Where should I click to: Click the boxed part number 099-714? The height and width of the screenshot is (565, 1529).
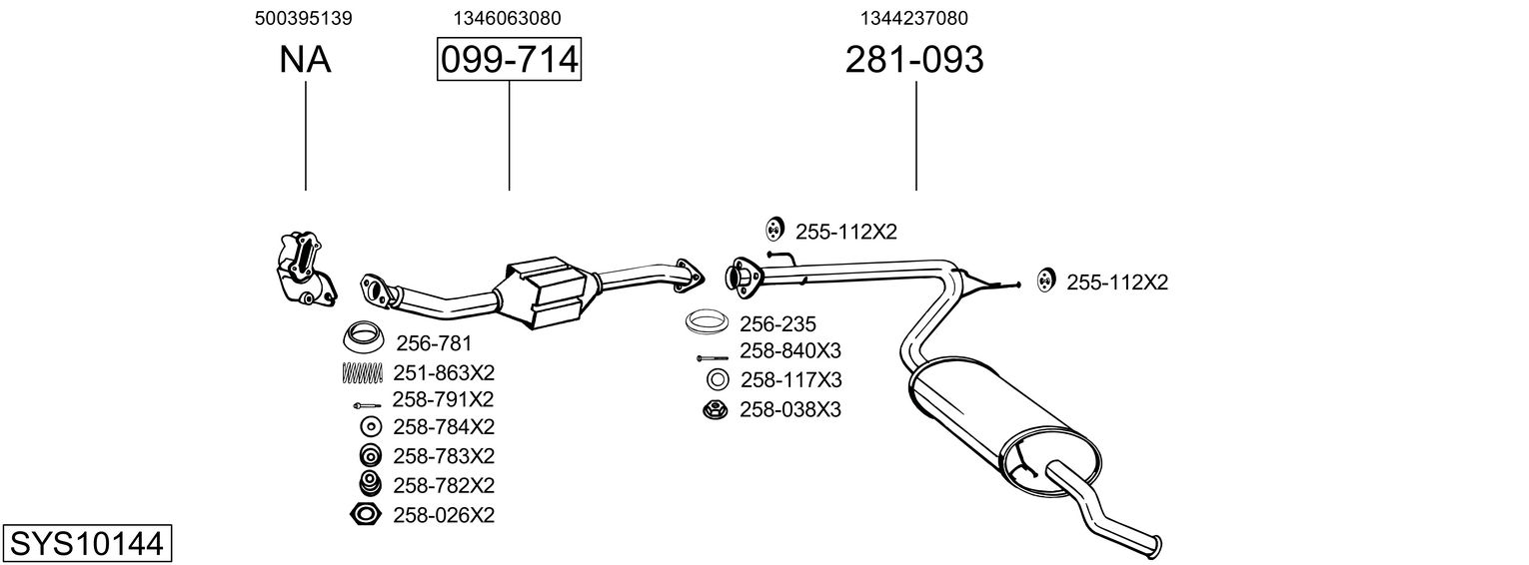point(509,60)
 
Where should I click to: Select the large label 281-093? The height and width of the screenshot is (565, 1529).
point(914,60)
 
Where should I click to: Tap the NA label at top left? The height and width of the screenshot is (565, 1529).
point(305,60)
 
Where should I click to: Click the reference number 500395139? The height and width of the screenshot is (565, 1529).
point(304,18)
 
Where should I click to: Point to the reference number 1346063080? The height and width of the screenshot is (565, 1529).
point(507,18)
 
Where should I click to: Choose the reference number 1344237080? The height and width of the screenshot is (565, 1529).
point(913,18)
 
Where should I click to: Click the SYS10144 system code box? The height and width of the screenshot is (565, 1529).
point(87,544)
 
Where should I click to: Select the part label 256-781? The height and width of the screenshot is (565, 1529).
point(434,343)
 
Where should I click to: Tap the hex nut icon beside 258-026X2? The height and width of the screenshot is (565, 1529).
point(367,515)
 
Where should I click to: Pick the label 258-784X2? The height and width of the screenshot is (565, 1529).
point(444,427)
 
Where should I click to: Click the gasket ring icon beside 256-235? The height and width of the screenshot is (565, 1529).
point(707,322)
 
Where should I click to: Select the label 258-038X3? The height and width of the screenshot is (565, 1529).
point(789,409)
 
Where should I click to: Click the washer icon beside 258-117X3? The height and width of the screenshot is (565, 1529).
point(717,379)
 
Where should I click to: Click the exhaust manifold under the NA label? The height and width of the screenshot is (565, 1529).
point(302,268)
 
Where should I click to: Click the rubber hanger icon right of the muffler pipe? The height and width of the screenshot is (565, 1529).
point(1044,281)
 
